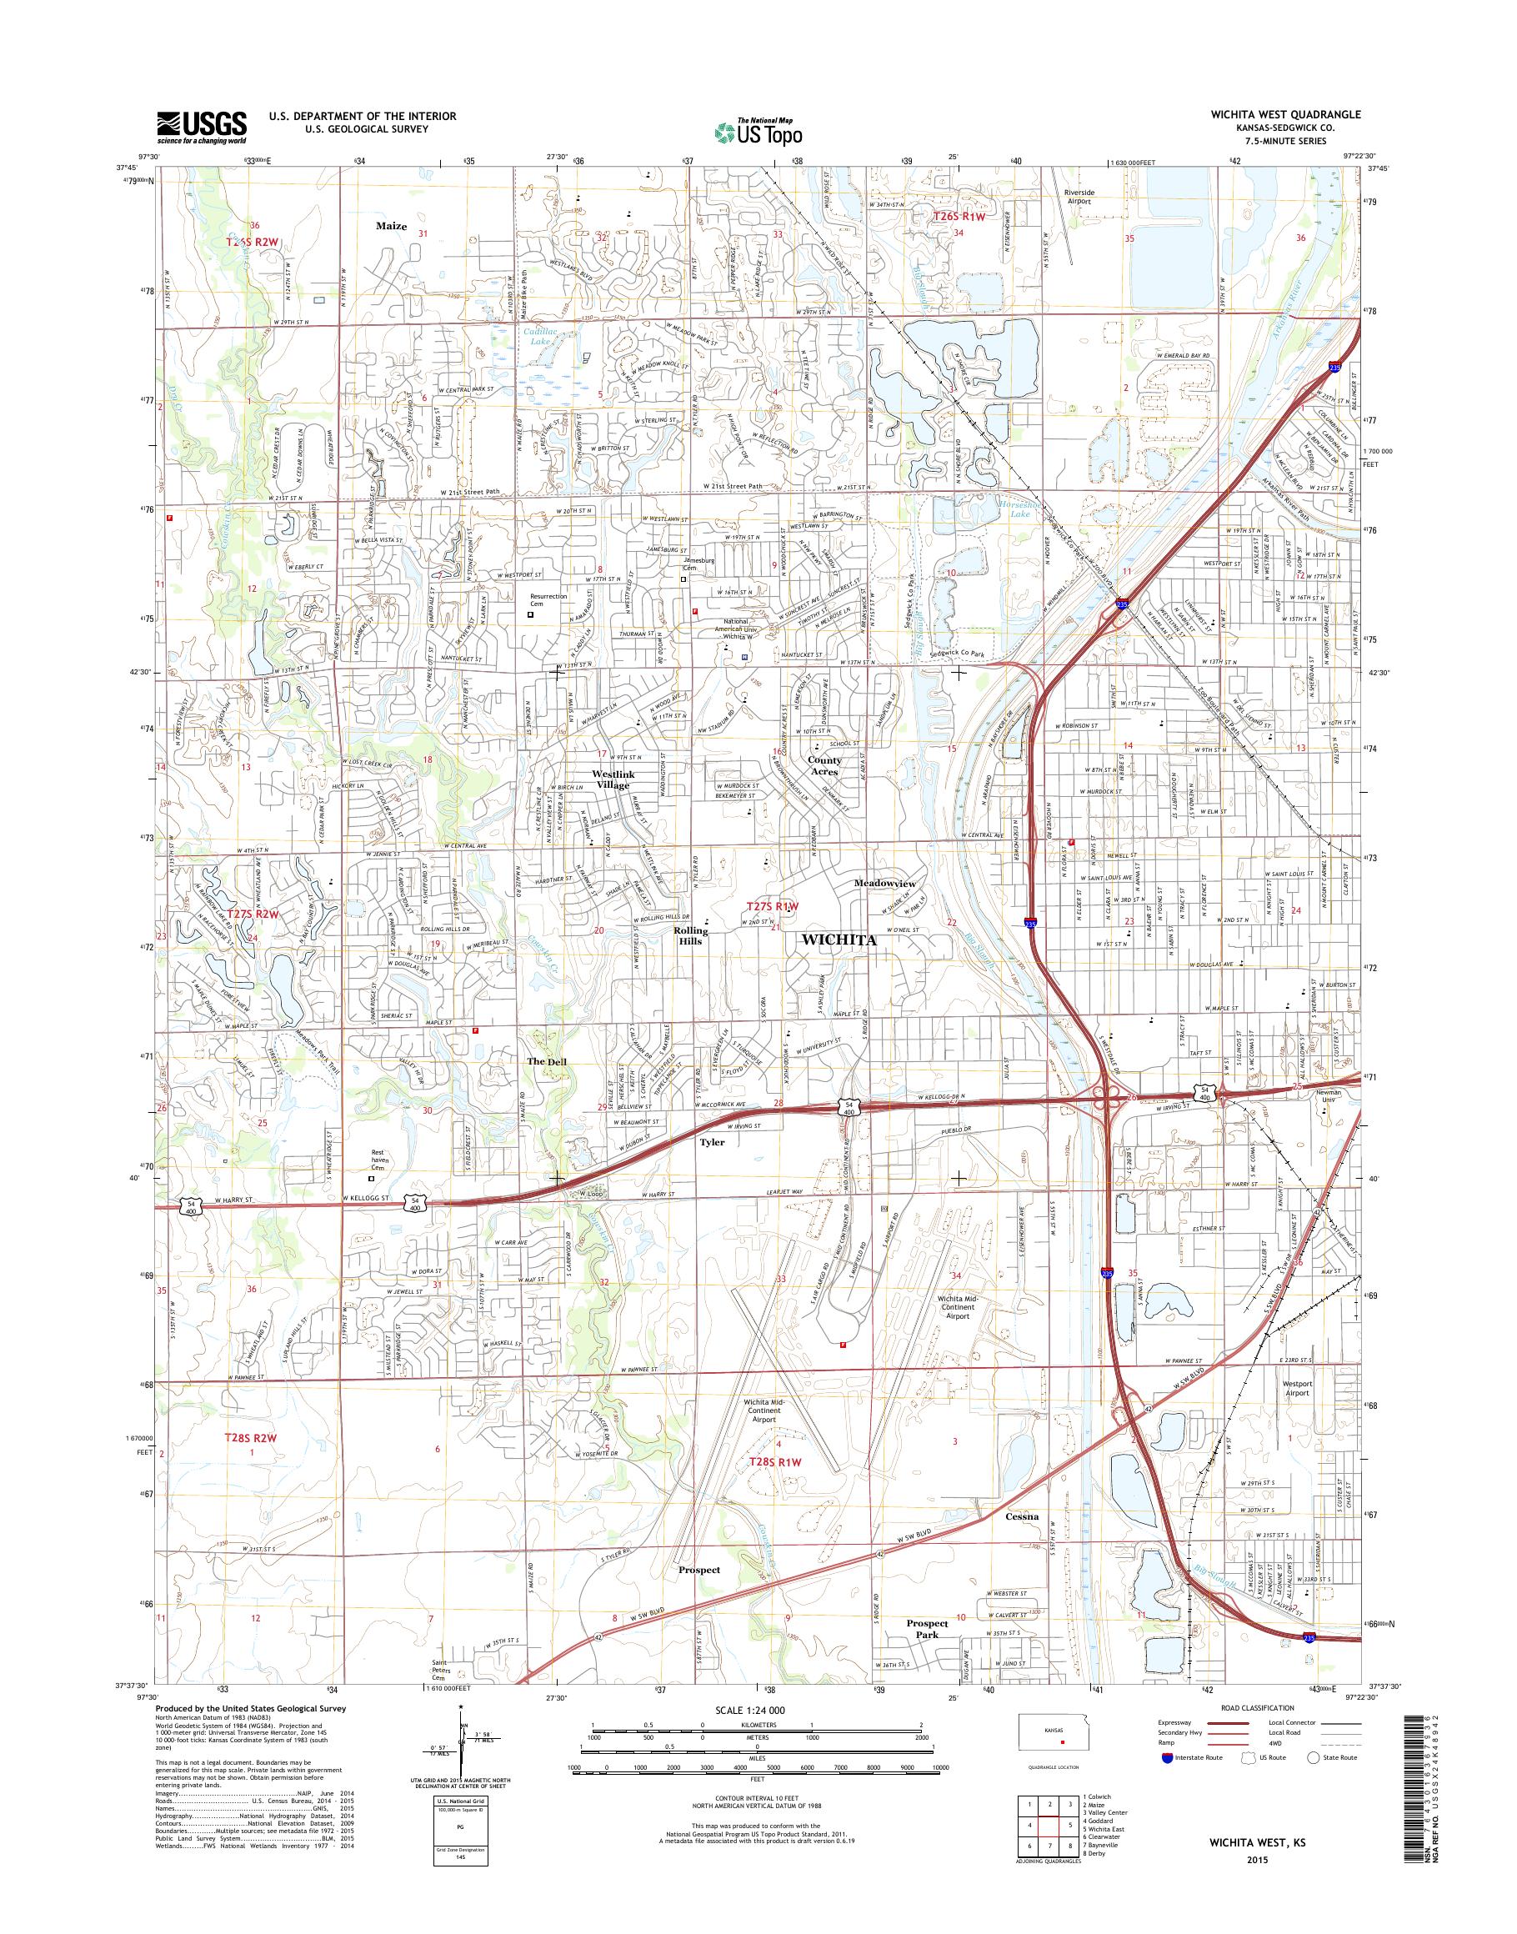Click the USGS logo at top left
pyautogui.click(x=202, y=127)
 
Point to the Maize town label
pyautogui.click(x=391, y=227)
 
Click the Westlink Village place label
pyautogui.click(x=613, y=779)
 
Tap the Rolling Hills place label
pyautogui.click(x=691, y=935)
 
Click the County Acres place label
pyautogui.click(x=824, y=766)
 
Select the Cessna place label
pyautogui.click(x=1022, y=1516)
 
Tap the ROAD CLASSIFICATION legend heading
pyautogui.click(x=1244, y=1707)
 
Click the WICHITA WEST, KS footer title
pyautogui.click(x=1254, y=1864)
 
